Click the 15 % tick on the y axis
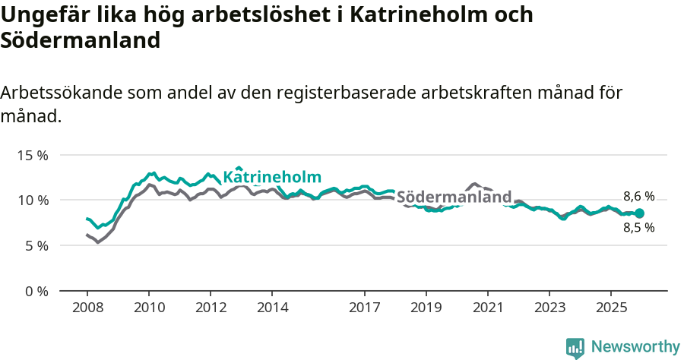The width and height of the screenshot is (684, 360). [x=32, y=155]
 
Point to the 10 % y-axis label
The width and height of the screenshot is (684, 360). [x=32, y=201]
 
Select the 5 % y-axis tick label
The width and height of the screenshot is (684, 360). [x=35, y=245]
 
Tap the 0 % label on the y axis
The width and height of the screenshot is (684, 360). [x=35, y=291]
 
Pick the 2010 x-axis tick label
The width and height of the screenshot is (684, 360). [x=149, y=308]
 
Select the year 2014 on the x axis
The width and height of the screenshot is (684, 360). [x=273, y=308]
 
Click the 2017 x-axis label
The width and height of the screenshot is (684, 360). [x=365, y=308]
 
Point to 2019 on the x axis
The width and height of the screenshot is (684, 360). [x=426, y=308]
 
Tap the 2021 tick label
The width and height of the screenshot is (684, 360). [x=488, y=308]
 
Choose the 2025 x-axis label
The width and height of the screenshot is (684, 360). [x=611, y=308]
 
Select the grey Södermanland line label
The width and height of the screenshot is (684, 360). [x=454, y=197]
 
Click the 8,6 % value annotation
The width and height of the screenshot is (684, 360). [x=638, y=197]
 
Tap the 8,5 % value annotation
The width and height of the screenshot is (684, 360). [x=638, y=227]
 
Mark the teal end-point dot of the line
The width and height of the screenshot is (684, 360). [x=639, y=213]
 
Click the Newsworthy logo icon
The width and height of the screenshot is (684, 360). [x=575, y=348]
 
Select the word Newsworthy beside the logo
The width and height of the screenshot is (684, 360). [x=635, y=347]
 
